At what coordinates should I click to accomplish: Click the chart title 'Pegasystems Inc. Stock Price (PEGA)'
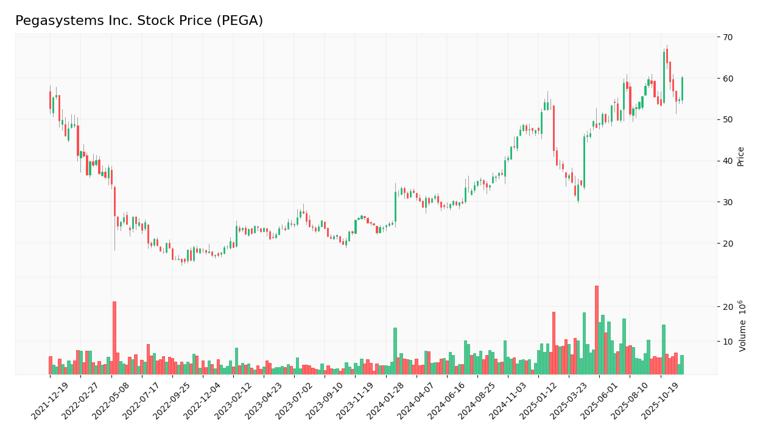tap(139, 21)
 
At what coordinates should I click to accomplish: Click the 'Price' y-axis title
tap(740, 156)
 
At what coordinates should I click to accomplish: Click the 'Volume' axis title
tap(742, 326)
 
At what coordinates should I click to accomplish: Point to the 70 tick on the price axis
tap(728, 37)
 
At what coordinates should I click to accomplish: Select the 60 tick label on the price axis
tap(728, 79)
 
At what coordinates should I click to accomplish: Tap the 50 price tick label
tap(728, 119)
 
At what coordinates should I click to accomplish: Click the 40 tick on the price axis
tap(728, 161)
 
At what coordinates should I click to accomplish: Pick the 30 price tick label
tap(728, 202)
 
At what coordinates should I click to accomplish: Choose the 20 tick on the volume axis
tap(728, 307)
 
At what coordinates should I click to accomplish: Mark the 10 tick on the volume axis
tap(728, 342)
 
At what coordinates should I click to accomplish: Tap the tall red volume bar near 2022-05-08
tap(114, 338)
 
